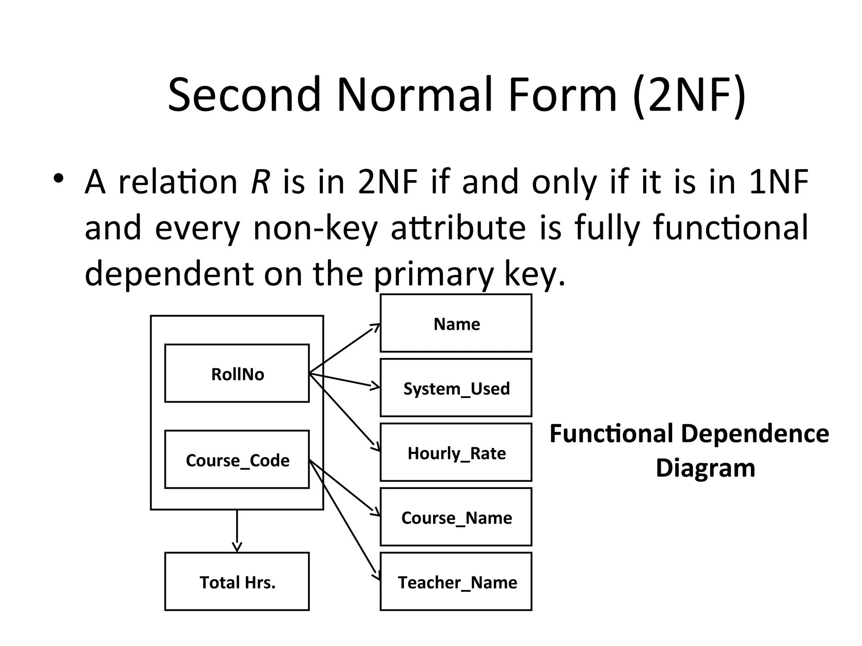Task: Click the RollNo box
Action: pyautogui.click(x=237, y=373)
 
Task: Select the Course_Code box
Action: pyautogui.click(x=237, y=460)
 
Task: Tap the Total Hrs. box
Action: pyautogui.click(x=237, y=582)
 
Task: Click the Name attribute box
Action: pyautogui.click(x=456, y=323)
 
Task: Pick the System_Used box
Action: pyautogui.click(x=456, y=388)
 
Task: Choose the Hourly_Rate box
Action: pyautogui.click(x=456, y=453)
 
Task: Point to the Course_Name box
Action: pyautogui.click(x=456, y=517)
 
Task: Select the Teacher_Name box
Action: pyautogui.click(x=456, y=582)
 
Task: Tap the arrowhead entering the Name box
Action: pyautogui.click(x=376, y=327)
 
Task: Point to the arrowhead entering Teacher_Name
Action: pyautogui.click(x=376, y=576)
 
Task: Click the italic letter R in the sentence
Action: pyautogui.click(x=260, y=183)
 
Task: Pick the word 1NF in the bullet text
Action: pyautogui.click(x=779, y=183)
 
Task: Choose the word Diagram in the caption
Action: pyautogui.click(x=705, y=468)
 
